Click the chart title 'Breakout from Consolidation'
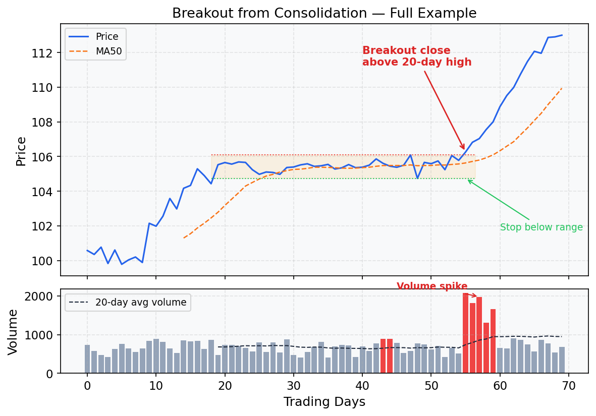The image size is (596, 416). click(x=324, y=13)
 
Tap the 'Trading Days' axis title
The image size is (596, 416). click(x=324, y=402)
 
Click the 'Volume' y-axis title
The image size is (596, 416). click(x=14, y=332)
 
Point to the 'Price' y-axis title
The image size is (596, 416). click(x=21, y=151)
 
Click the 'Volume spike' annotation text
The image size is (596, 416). click(x=432, y=286)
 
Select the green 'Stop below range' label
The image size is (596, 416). click(x=541, y=227)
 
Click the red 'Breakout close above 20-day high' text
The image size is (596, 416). click(x=417, y=56)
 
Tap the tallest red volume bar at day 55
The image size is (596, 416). click(x=465, y=333)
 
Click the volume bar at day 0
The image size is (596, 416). click(x=87, y=359)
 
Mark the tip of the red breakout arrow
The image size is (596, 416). click(x=464, y=149)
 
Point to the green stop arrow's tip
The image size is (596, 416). click(x=467, y=180)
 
